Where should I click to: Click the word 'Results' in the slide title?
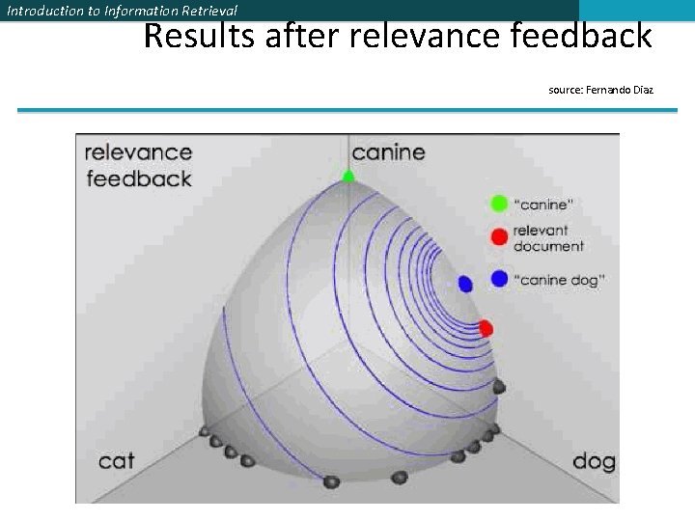pyautogui.click(x=198, y=37)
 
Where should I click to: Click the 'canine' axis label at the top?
pyautogui.click(x=388, y=152)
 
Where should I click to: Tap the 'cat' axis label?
pyautogui.click(x=117, y=460)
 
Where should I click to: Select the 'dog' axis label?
pyautogui.click(x=593, y=460)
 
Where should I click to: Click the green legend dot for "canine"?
pyautogui.click(x=499, y=204)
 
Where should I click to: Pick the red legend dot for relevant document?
pyautogui.click(x=499, y=237)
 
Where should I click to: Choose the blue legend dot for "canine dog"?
pyautogui.click(x=499, y=279)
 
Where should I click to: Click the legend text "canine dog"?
pyautogui.click(x=560, y=280)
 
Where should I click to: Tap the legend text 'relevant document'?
pyautogui.click(x=548, y=238)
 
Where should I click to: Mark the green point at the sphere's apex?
pyautogui.click(x=348, y=176)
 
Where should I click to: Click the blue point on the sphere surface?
pyautogui.click(x=465, y=284)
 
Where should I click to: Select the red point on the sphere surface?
pyautogui.click(x=486, y=328)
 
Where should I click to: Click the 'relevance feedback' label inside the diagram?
pyautogui.click(x=139, y=165)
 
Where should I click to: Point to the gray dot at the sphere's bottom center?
pyautogui.click(x=331, y=481)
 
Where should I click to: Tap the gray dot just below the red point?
pyautogui.click(x=499, y=387)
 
